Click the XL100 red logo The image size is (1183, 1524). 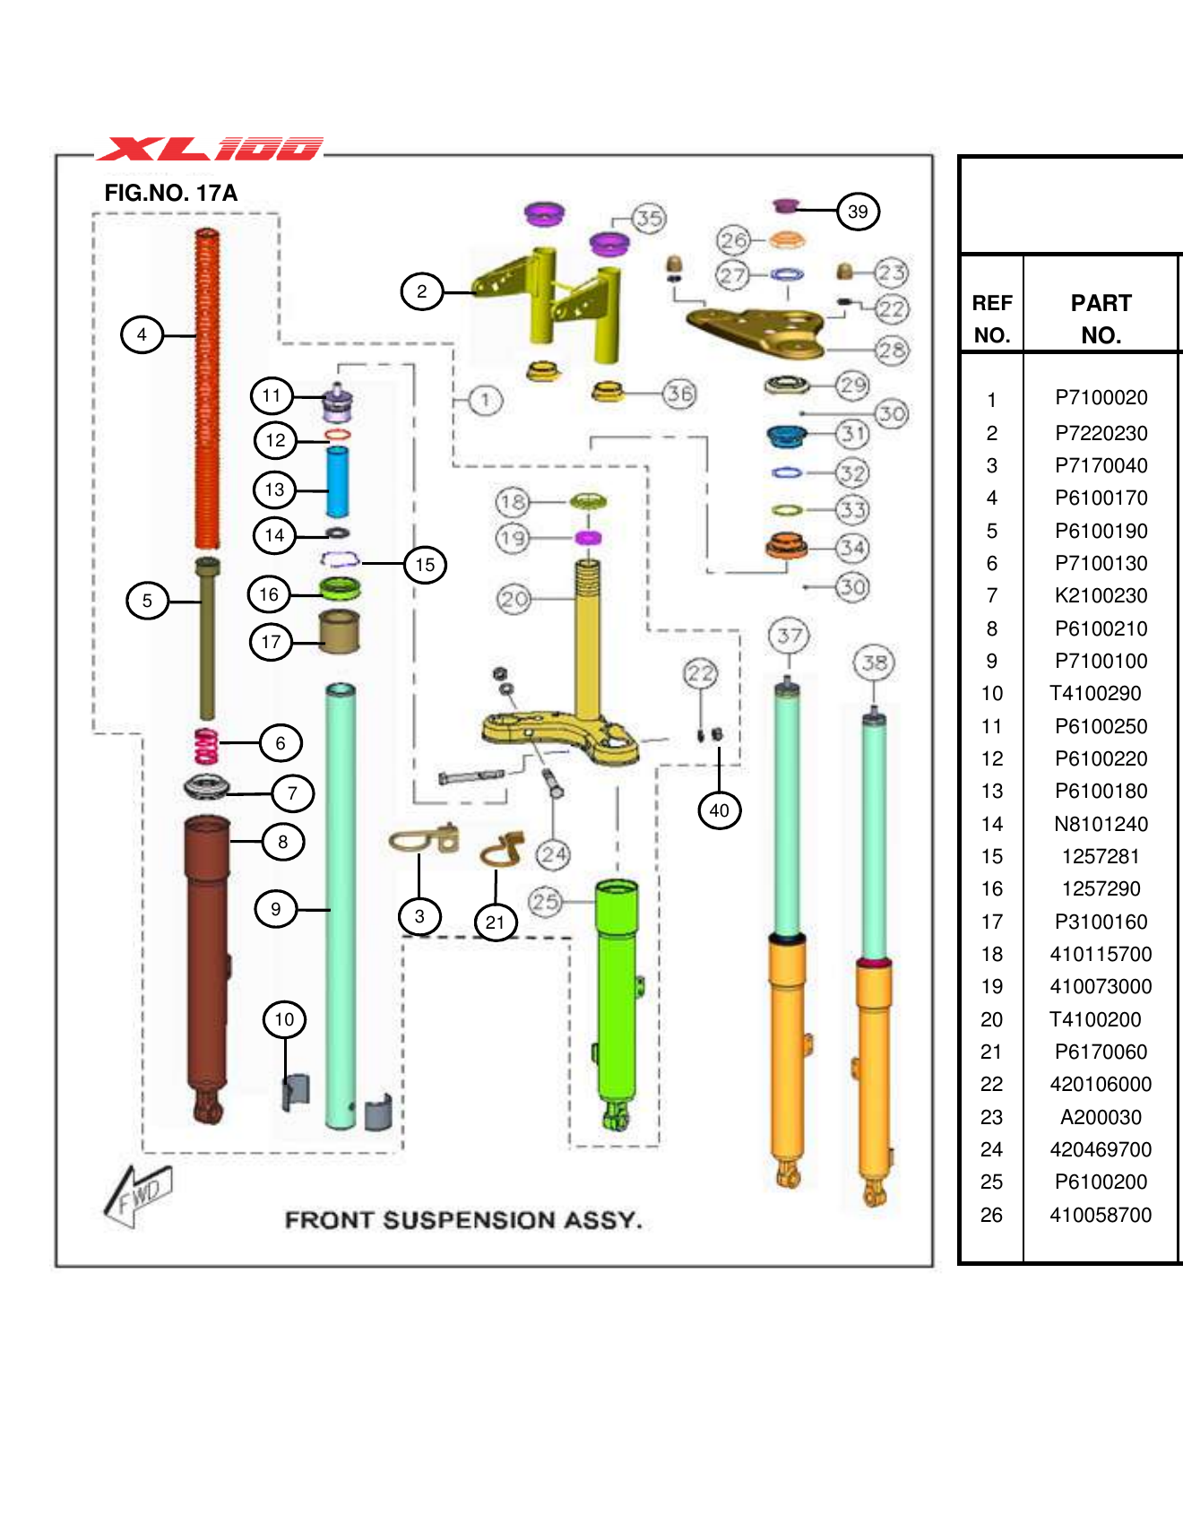[x=210, y=148]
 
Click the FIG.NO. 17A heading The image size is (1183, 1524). [x=170, y=193]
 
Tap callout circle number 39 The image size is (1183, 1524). [x=858, y=212]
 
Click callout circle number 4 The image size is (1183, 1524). [x=142, y=334]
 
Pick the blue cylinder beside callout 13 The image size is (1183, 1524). [x=337, y=482]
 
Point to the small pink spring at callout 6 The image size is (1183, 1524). [x=206, y=746]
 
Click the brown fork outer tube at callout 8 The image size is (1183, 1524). [x=207, y=950]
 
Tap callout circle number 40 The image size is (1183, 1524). [x=719, y=810]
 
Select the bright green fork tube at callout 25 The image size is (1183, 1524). [x=617, y=995]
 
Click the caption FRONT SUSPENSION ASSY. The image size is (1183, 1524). [x=462, y=1220]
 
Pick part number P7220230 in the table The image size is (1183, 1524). [x=1101, y=433]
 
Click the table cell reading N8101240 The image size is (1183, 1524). [x=1101, y=824]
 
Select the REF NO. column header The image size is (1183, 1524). [x=991, y=318]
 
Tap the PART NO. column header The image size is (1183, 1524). [x=1101, y=318]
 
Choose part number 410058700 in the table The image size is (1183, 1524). [x=1101, y=1215]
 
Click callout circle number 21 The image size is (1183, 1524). [x=496, y=922]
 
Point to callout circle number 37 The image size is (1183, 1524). [x=789, y=636]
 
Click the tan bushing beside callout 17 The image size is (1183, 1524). [x=340, y=631]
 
